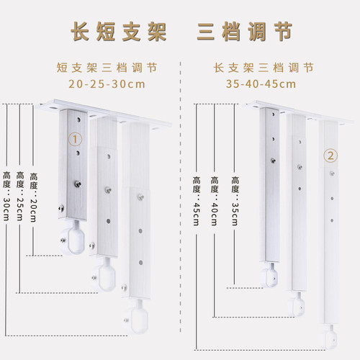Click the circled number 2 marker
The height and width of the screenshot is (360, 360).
click(x=330, y=156)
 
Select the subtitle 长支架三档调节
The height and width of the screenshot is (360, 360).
click(x=264, y=68)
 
